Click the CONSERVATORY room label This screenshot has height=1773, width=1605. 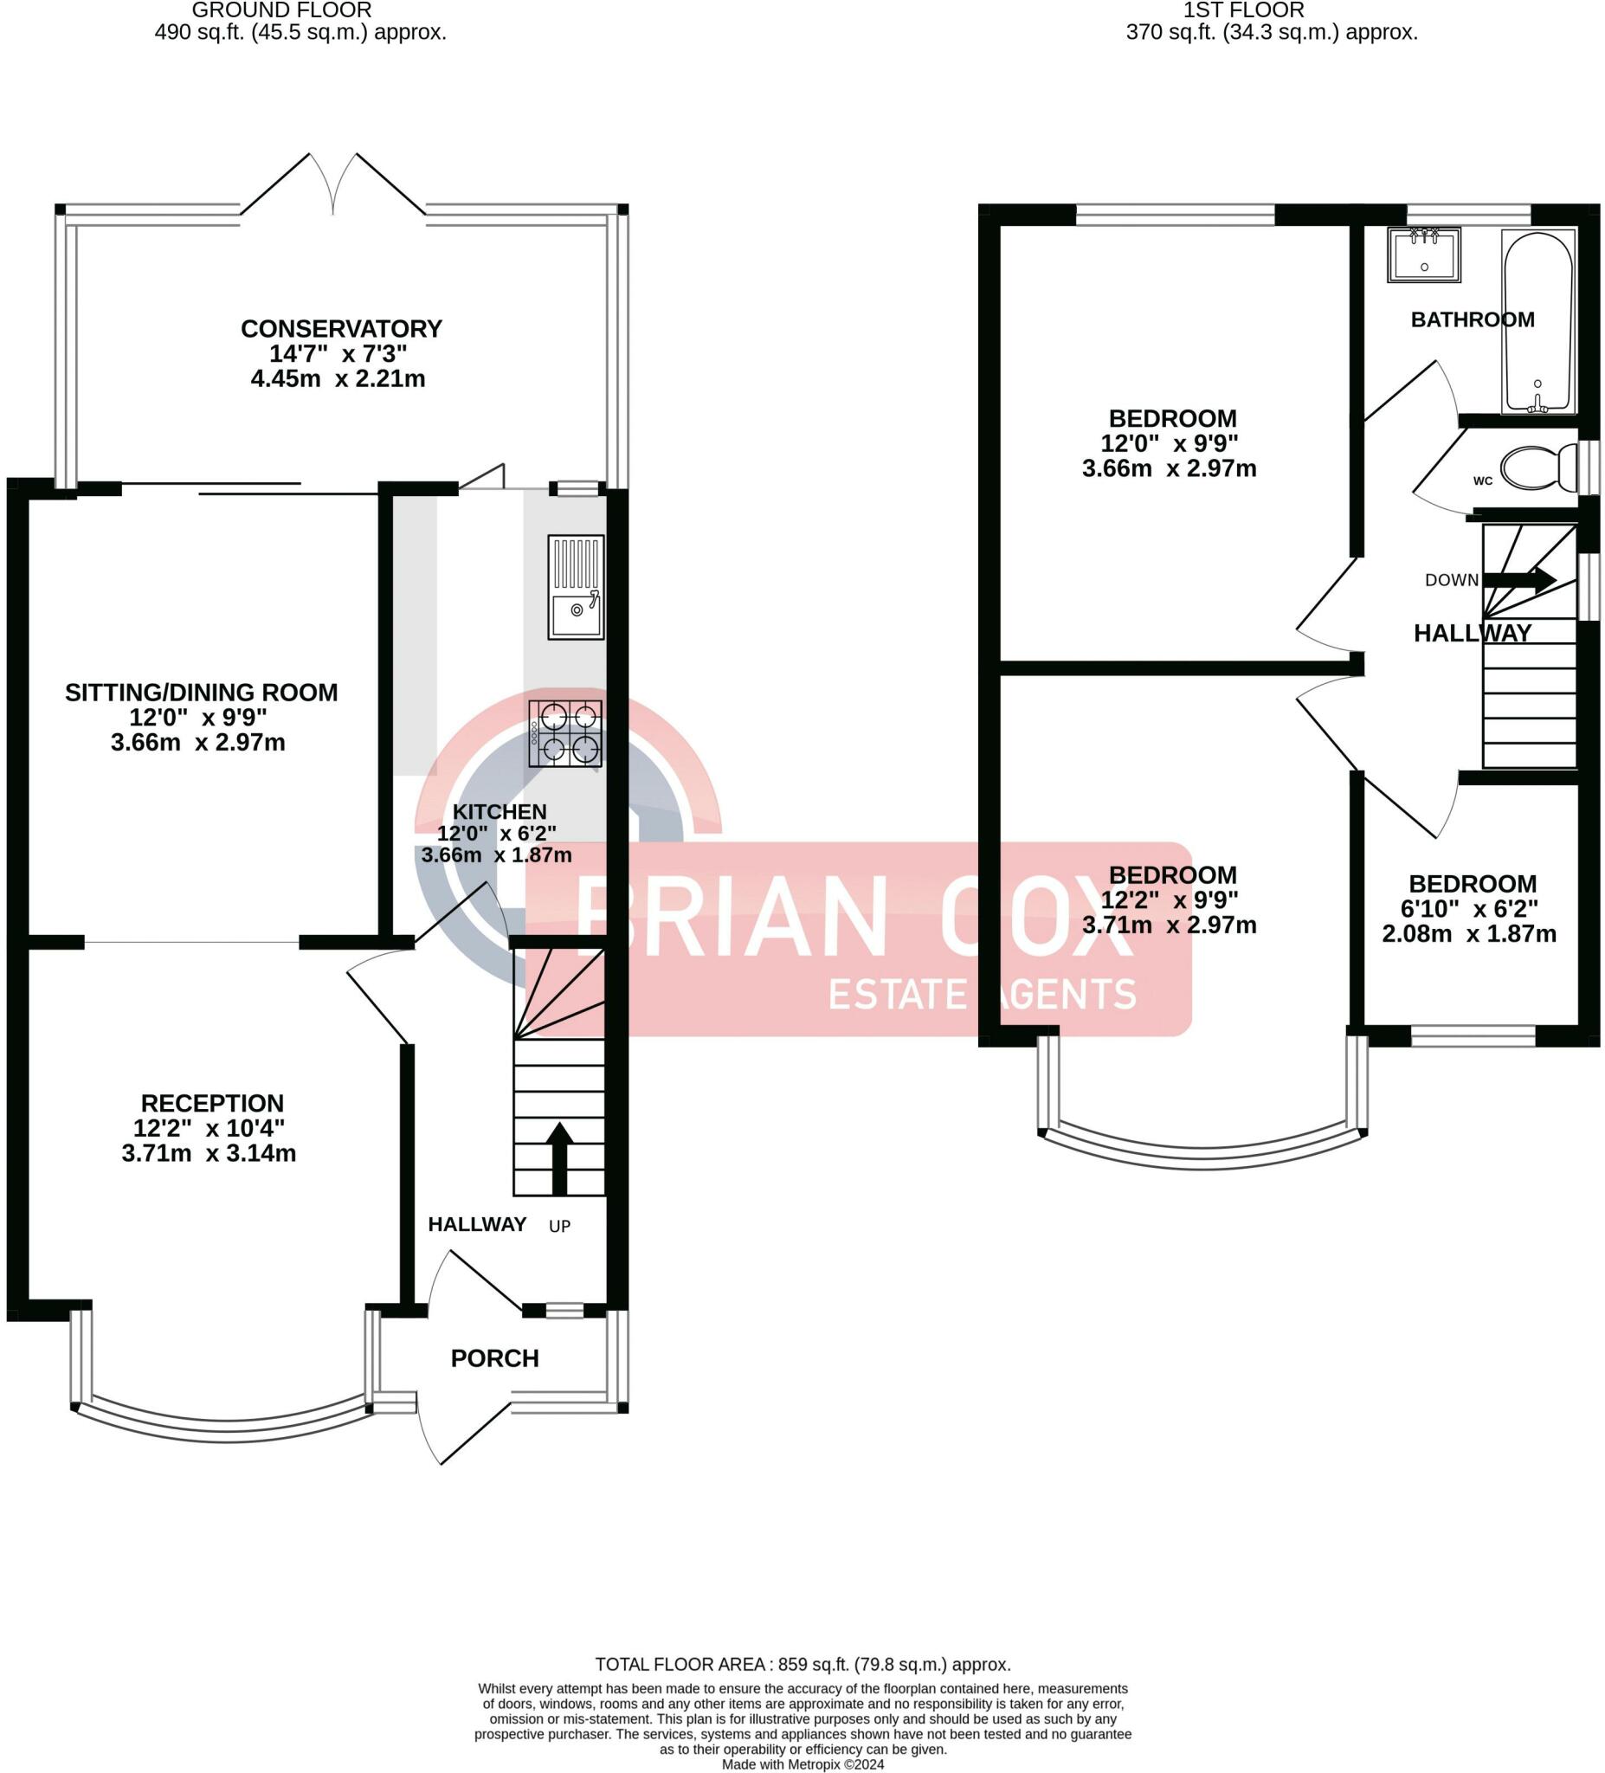[341, 329]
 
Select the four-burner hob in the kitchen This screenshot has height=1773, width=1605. [565, 733]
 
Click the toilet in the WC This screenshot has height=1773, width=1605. [1537, 467]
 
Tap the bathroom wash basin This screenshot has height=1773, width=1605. [1424, 255]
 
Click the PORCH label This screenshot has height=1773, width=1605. [494, 1359]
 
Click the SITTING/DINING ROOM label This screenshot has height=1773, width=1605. [202, 692]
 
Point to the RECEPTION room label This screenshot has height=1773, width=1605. [212, 1103]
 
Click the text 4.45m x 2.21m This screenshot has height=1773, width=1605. [338, 379]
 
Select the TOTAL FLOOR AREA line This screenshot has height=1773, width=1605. [802, 1665]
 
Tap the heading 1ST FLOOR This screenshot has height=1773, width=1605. [1243, 10]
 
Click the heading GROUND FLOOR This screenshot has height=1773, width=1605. [281, 10]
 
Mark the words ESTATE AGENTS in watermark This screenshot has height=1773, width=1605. [983, 995]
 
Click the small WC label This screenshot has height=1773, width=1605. [1483, 481]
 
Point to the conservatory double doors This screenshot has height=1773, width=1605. [333, 186]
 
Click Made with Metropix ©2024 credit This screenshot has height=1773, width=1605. [802, 1764]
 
